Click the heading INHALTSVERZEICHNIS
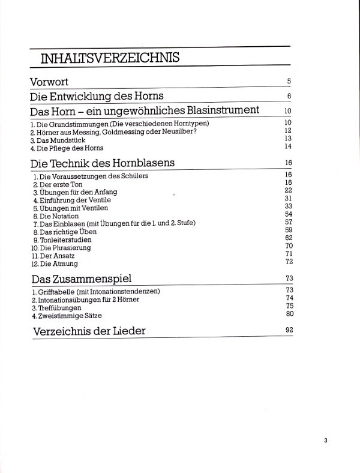[x=108, y=58]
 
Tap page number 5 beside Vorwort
[x=289, y=81]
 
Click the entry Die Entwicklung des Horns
[x=97, y=97]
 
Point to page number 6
[x=289, y=96]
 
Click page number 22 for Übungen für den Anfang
[x=288, y=190]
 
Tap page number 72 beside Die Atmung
[x=288, y=262]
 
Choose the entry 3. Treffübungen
[x=56, y=307]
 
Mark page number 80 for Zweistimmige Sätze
[x=288, y=313]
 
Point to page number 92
[x=288, y=330]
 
